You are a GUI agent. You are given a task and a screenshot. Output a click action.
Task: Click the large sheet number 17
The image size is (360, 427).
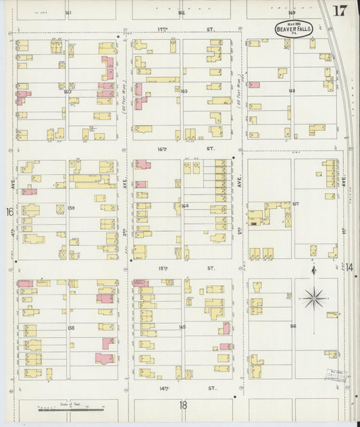click(x=339, y=11)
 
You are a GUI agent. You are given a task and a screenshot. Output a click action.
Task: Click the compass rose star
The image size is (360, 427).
click(x=313, y=297)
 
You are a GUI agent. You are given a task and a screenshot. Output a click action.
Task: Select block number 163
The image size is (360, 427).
click(x=184, y=91)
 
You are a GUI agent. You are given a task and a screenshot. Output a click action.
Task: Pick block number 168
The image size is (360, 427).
click(x=292, y=91)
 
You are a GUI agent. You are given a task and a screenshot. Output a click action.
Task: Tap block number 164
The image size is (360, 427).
click(x=184, y=206)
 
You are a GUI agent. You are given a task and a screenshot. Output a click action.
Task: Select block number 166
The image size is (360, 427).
click(x=292, y=326)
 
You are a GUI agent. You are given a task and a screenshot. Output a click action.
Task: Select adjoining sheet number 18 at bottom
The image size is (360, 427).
click(x=182, y=405)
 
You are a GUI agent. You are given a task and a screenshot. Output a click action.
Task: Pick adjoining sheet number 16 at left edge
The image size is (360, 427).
click(x=10, y=212)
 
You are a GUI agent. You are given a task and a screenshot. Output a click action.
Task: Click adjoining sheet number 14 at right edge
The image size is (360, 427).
click(x=351, y=268)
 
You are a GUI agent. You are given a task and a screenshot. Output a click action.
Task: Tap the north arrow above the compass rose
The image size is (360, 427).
click(x=313, y=272)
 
